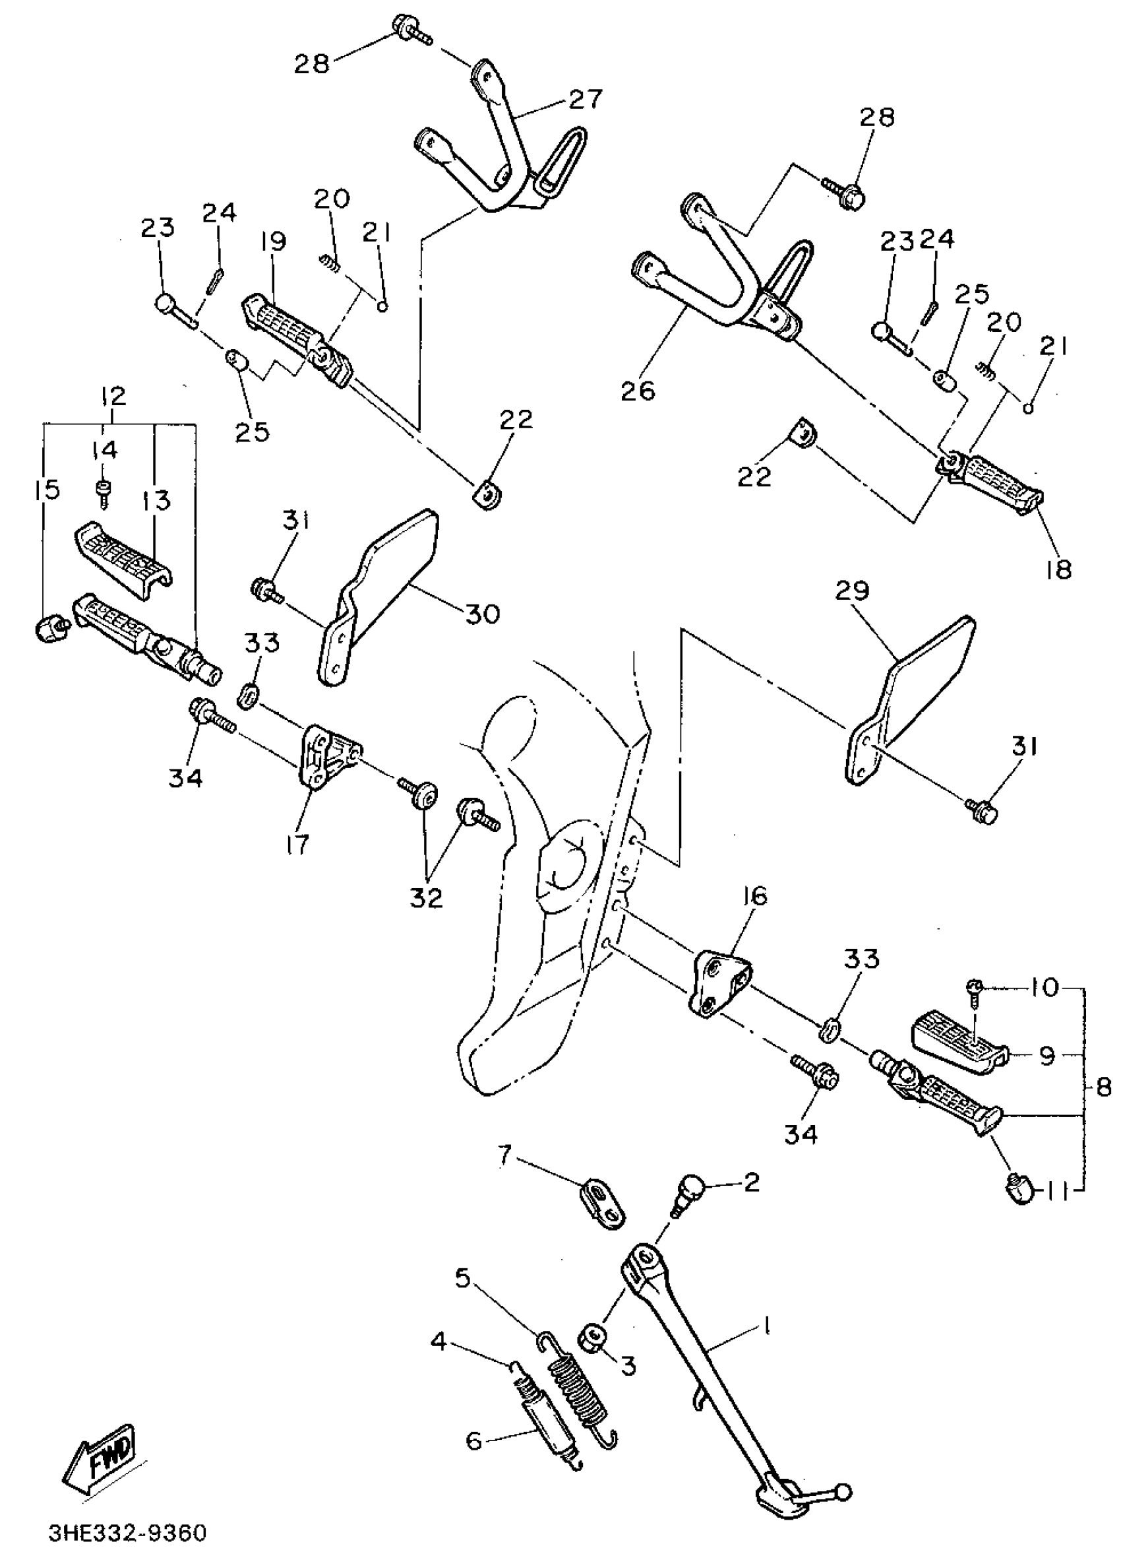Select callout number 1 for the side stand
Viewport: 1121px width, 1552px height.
point(767,1326)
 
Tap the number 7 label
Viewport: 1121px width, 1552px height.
point(504,1156)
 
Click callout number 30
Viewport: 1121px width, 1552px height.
point(482,613)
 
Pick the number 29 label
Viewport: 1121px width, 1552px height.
point(852,591)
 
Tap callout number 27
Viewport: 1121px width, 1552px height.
point(586,99)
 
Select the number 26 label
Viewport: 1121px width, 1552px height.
point(638,391)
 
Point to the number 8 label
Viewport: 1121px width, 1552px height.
point(1103,1087)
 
